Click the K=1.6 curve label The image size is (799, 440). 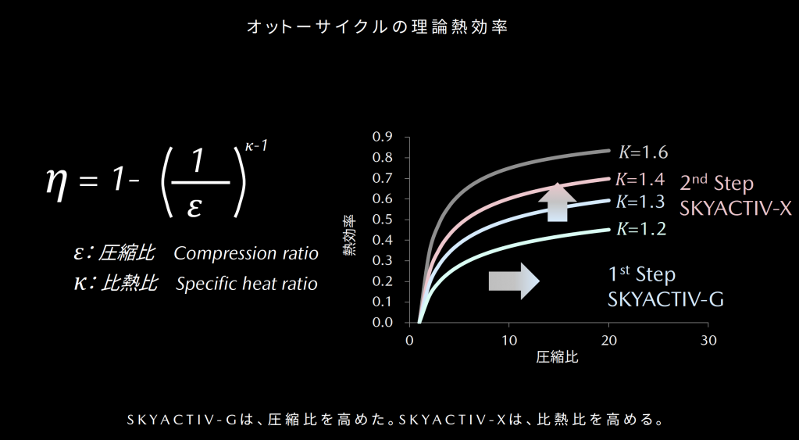coord(643,152)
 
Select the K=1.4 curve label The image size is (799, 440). coord(640,180)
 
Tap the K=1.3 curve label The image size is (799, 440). coord(640,202)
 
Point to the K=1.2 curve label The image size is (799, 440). coord(641,230)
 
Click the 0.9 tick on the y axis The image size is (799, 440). coord(383,137)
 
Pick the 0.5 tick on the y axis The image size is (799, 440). coord(383,220)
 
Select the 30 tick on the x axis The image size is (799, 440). coord(708,341)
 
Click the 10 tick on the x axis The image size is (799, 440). coord(508,341)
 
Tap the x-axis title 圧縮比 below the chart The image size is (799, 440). coord(557,357)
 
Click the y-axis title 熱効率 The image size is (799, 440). coord(350,235)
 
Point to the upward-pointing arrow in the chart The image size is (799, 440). coord(557,202)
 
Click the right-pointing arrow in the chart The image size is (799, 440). coord(514,281)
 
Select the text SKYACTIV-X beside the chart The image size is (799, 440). coord(736,208)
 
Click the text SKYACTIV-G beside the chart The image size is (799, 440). coord(665,300)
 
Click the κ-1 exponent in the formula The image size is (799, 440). coord(256,146)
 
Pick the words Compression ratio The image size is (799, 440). coord(246,253)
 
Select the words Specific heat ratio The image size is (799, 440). coord(247,284)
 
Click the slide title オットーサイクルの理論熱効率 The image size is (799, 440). coord(377,27)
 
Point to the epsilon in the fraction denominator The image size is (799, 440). coord(194,208)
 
